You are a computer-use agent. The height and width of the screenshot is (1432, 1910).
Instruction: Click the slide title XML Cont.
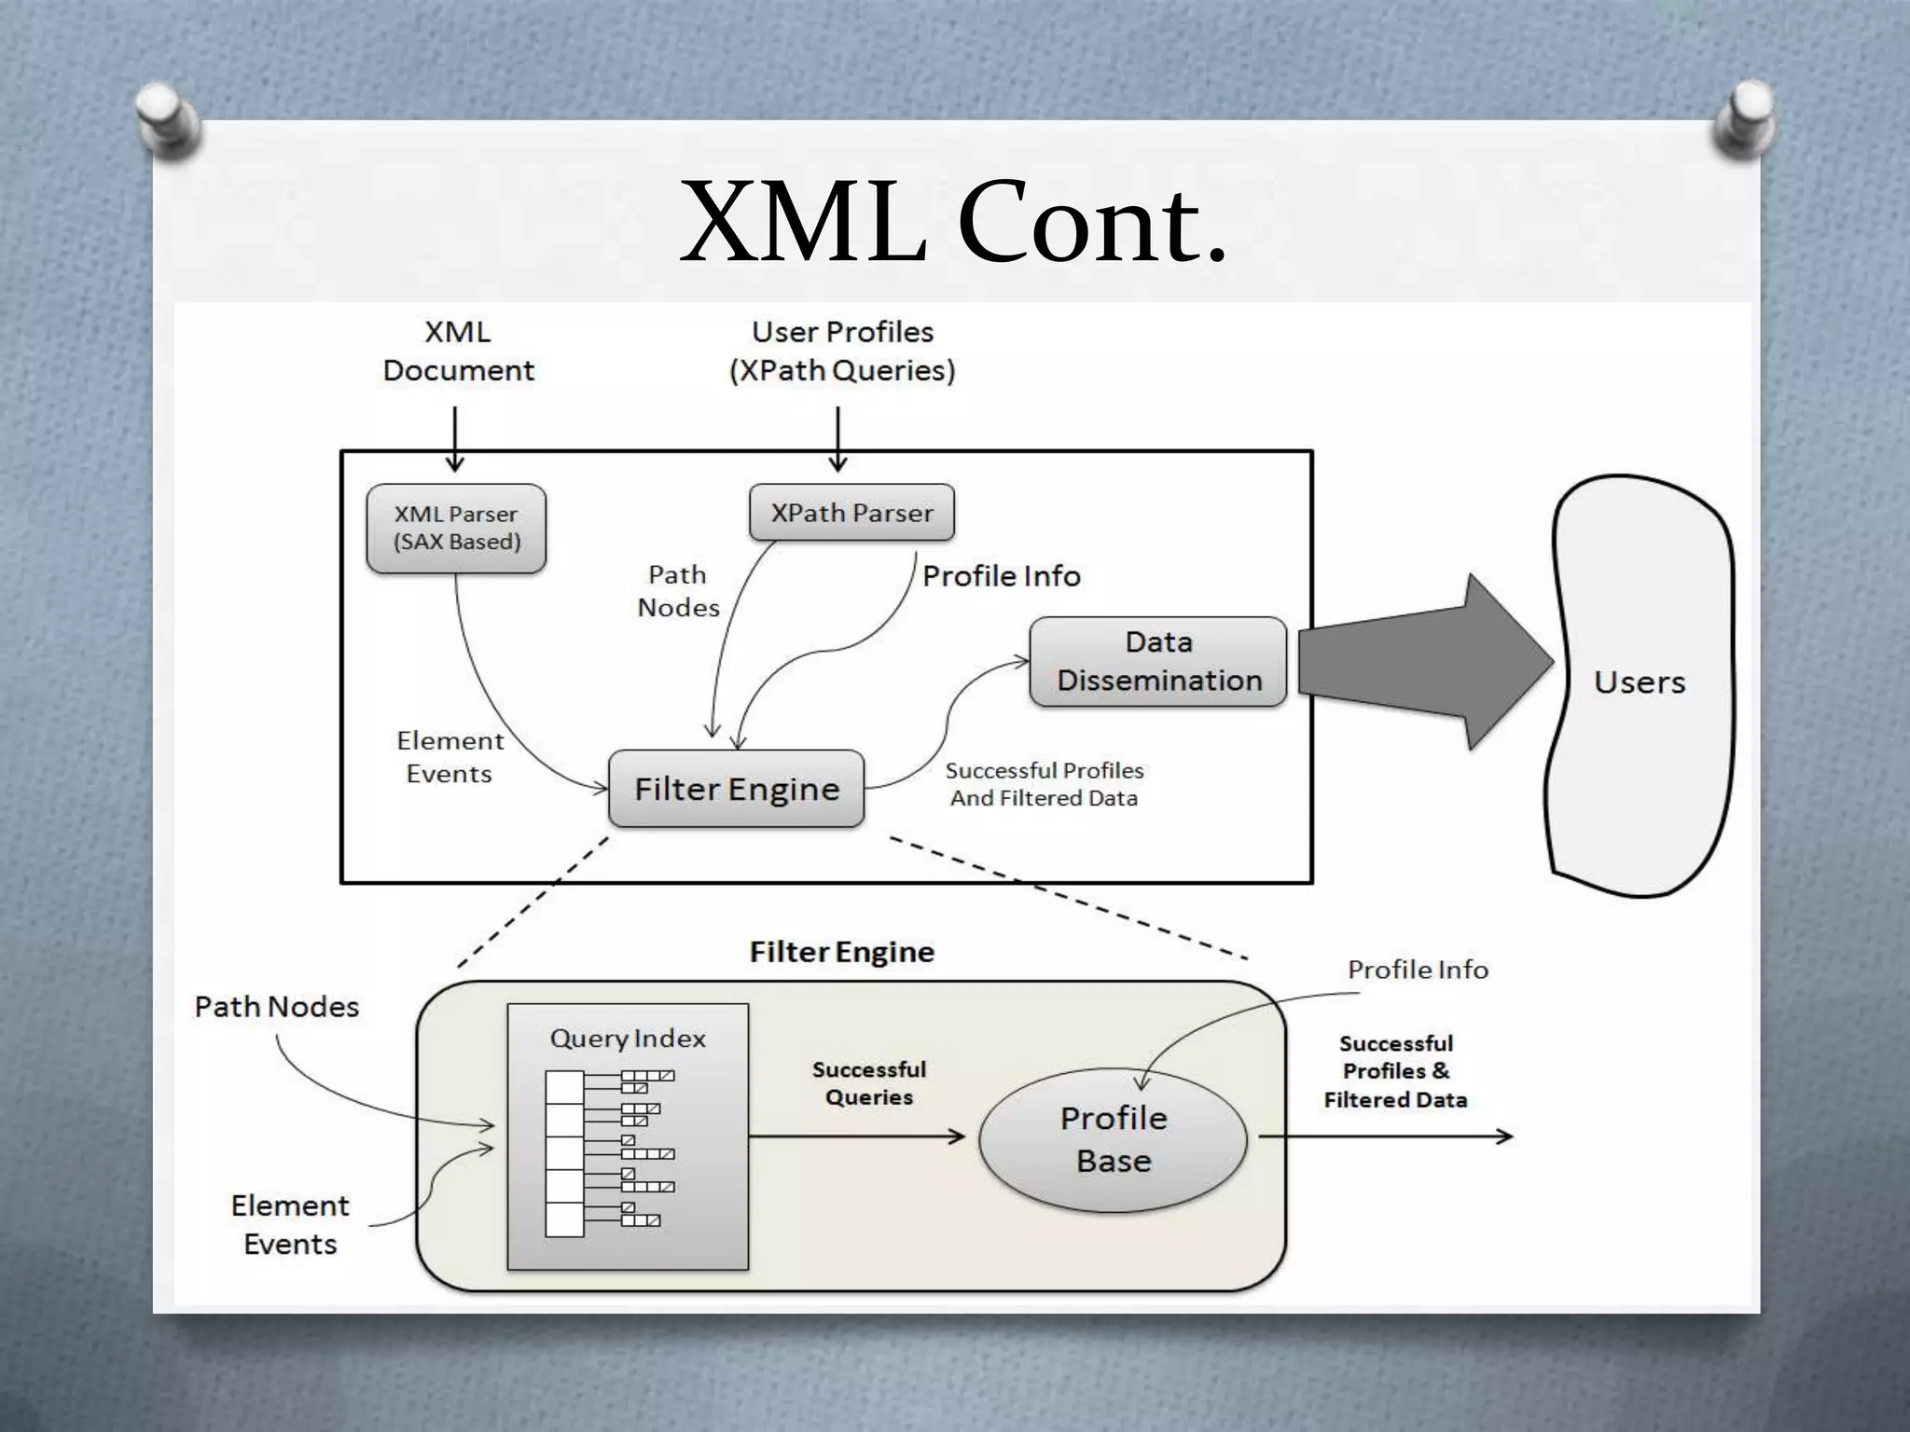(x=953, y=224)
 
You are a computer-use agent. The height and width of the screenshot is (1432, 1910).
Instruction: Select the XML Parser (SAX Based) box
(x=456, y=528)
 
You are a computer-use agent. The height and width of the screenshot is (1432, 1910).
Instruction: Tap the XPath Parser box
(x=851, y=512)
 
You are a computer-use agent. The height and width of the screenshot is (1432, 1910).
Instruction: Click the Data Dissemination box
(x=1157, y=661)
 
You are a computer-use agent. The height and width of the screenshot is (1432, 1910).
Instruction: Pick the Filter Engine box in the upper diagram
(x=736, y=789)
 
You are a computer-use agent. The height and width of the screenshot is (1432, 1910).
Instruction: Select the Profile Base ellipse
(x=1113, y=1139)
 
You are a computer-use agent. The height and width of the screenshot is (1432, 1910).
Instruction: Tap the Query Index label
(x=628, y=1038)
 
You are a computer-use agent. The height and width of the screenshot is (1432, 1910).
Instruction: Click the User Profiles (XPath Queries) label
(x=842, y=351)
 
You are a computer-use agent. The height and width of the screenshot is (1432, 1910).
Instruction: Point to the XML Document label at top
(x=458, y=351)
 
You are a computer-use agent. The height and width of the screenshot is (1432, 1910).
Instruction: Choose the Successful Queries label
(x=868, y=1082)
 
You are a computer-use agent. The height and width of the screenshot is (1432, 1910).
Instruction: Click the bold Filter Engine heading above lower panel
(x=841, y=952)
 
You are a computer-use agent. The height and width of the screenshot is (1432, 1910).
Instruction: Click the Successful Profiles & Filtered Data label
(x=1395, y=1071)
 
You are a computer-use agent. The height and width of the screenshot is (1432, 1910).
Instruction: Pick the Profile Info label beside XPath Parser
(x=1001, y=576)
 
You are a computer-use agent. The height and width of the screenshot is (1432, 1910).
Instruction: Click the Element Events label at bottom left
(x=290, y=1224)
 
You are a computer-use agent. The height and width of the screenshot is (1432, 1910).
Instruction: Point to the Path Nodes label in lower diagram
(x=276, y=1007)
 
